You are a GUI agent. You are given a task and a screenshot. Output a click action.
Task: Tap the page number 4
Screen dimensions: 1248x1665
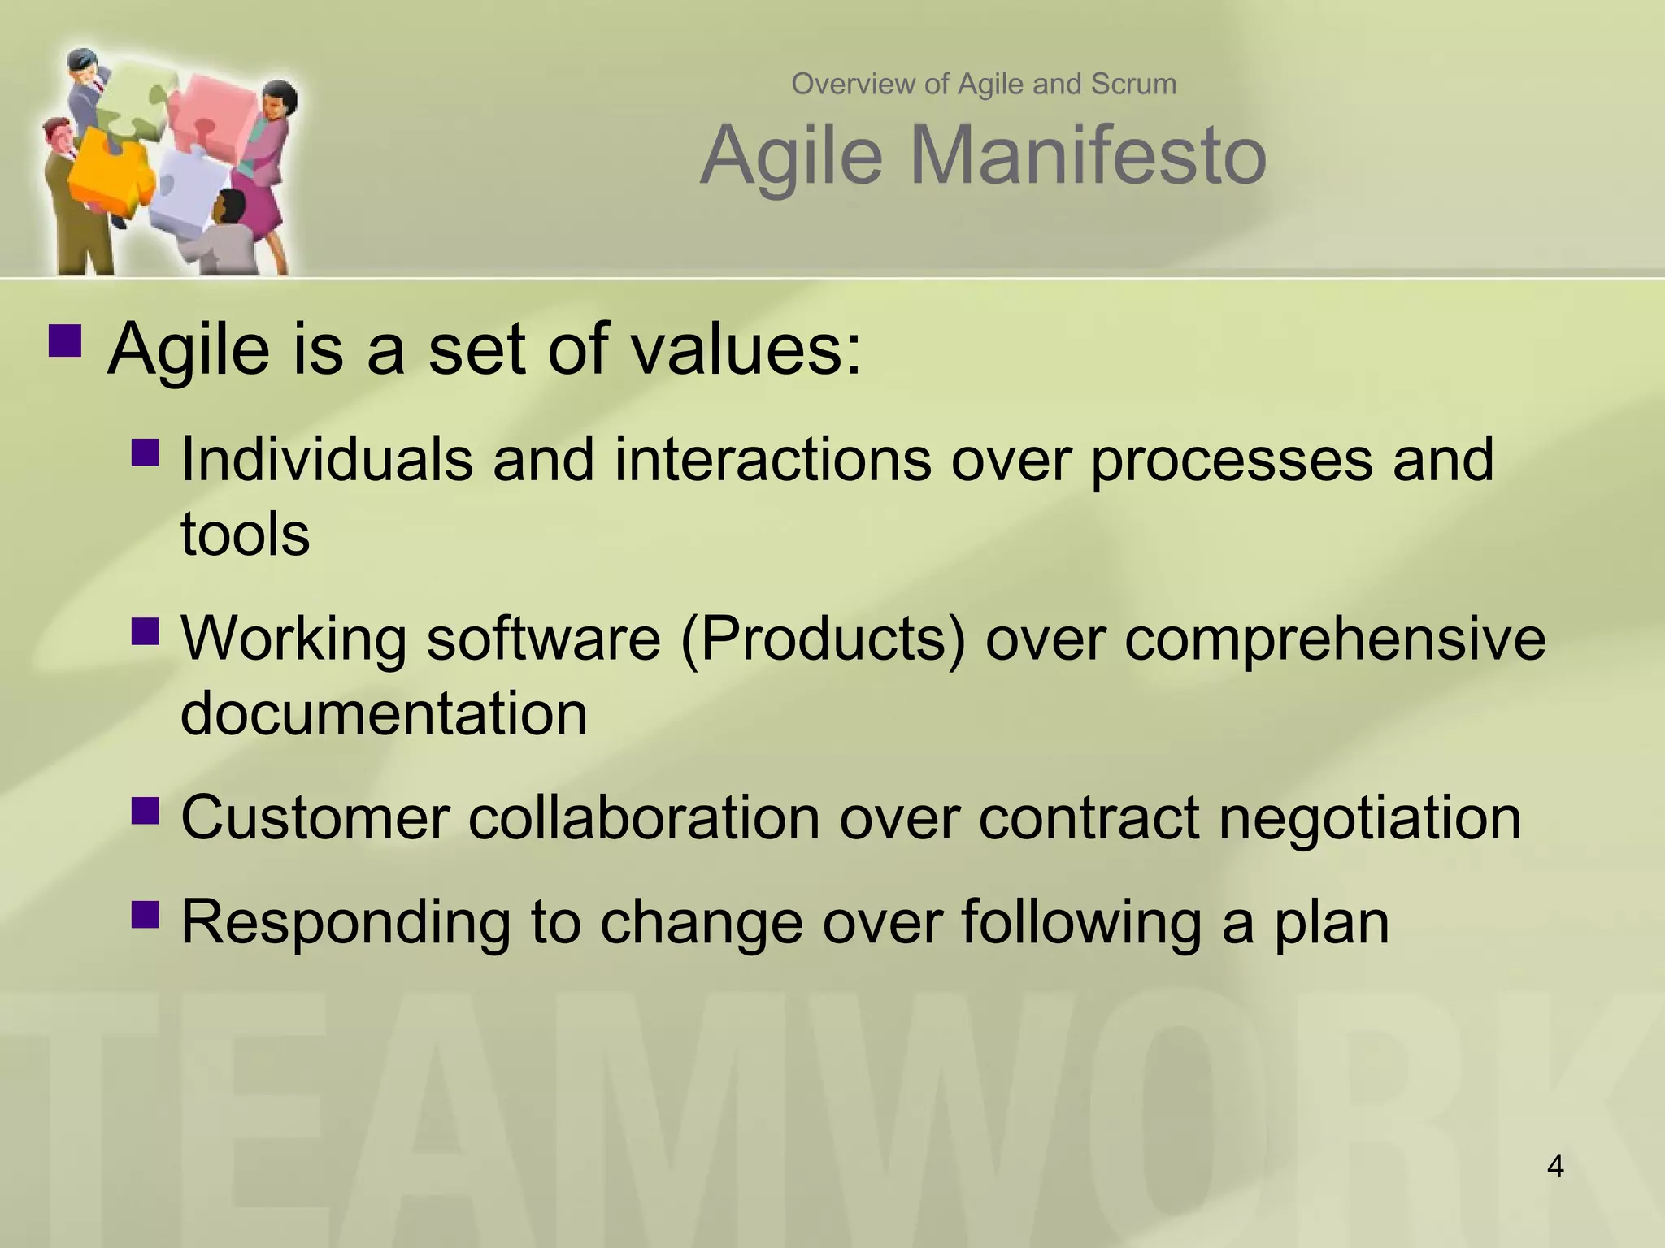pos(1555,1166)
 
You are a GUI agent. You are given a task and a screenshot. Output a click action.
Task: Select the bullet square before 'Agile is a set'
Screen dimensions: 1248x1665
pos(65,341)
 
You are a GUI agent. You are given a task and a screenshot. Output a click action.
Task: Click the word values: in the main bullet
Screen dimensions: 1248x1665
pos(746,349)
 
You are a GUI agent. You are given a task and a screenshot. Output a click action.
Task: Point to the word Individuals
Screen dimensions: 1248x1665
pos(326,459)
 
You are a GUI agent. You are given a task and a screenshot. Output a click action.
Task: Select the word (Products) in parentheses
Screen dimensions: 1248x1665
pos(823,639)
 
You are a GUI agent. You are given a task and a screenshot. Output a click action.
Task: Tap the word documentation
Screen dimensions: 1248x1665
pos(383,713)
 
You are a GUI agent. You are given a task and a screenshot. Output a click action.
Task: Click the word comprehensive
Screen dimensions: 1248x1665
pos(1335,639)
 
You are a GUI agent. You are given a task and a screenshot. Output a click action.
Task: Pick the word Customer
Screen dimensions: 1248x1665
pos(315,817)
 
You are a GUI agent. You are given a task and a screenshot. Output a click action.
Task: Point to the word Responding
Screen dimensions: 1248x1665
pos(345,923)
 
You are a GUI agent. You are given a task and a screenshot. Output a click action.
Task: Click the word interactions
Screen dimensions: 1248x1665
pos(772,459)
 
